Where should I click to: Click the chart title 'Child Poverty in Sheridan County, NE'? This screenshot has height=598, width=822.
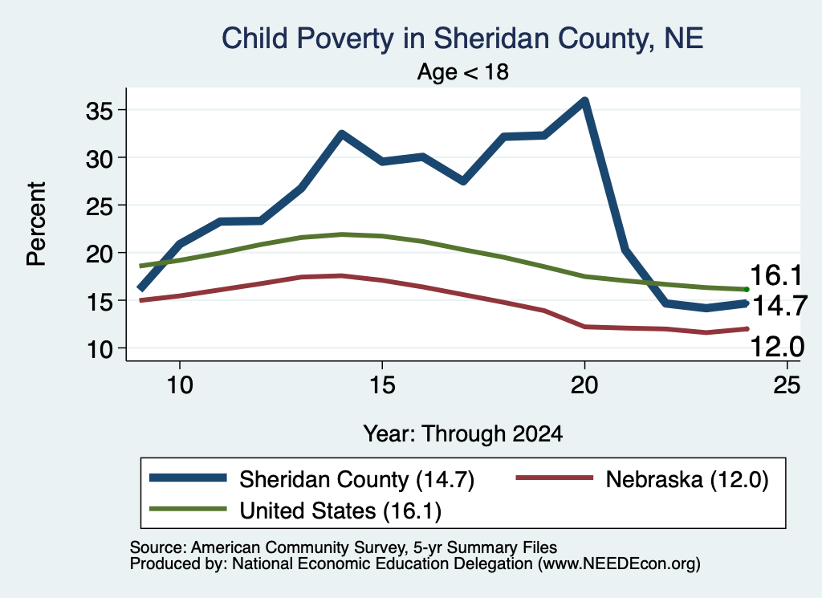pos(462,39)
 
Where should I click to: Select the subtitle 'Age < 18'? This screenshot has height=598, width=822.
pos(463,71)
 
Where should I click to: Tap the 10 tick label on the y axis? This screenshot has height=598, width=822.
pos(100,349)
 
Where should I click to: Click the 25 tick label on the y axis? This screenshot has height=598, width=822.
pos(100,206)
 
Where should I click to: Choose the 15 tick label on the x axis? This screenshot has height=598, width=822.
pos(382,385)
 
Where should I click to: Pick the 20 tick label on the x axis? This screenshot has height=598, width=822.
pos(584,385)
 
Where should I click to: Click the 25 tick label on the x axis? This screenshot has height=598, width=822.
pos(787,385)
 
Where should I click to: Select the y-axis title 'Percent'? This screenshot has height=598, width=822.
pos(37,224)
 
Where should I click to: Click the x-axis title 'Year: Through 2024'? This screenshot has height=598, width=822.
pos(463,434)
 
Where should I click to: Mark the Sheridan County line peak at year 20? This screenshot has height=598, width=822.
pos(584,100)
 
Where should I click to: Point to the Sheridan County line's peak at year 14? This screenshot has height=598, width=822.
pos(342,133)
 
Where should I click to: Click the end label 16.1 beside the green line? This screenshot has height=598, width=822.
pos(776,275)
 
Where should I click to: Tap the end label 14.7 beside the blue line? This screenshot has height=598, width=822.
pos(779,306)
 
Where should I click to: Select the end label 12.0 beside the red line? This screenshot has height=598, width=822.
pos(777,347)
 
